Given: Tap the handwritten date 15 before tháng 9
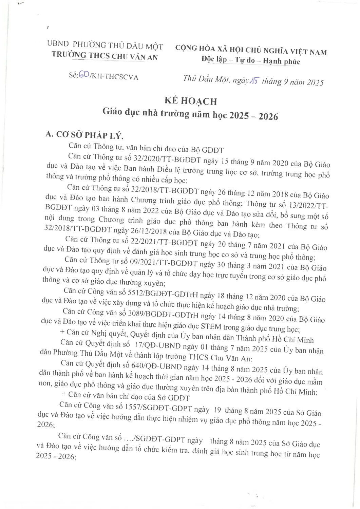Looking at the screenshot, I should click(254, 80).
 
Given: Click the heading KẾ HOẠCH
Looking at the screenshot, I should click(190, 101).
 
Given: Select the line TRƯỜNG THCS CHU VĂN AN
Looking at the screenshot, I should click(105, 56).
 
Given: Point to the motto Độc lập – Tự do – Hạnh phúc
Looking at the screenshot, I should click(251, 61).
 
